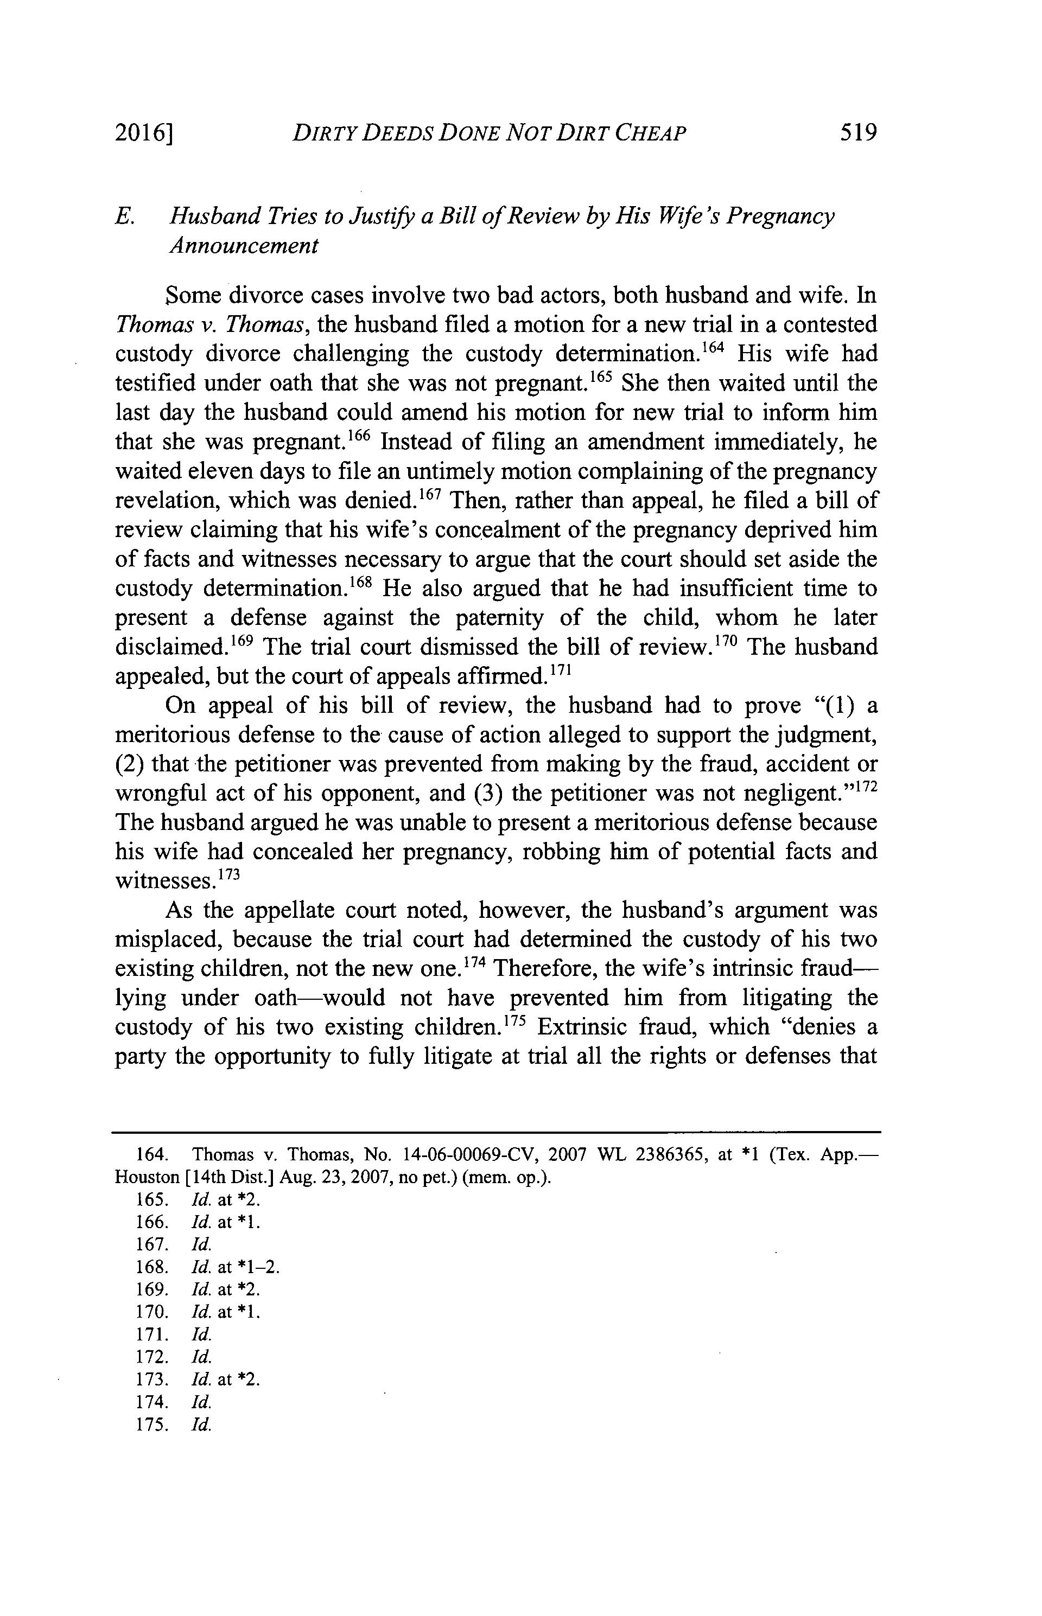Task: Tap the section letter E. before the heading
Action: coord(123,216)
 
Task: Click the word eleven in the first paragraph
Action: coord(209,471)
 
